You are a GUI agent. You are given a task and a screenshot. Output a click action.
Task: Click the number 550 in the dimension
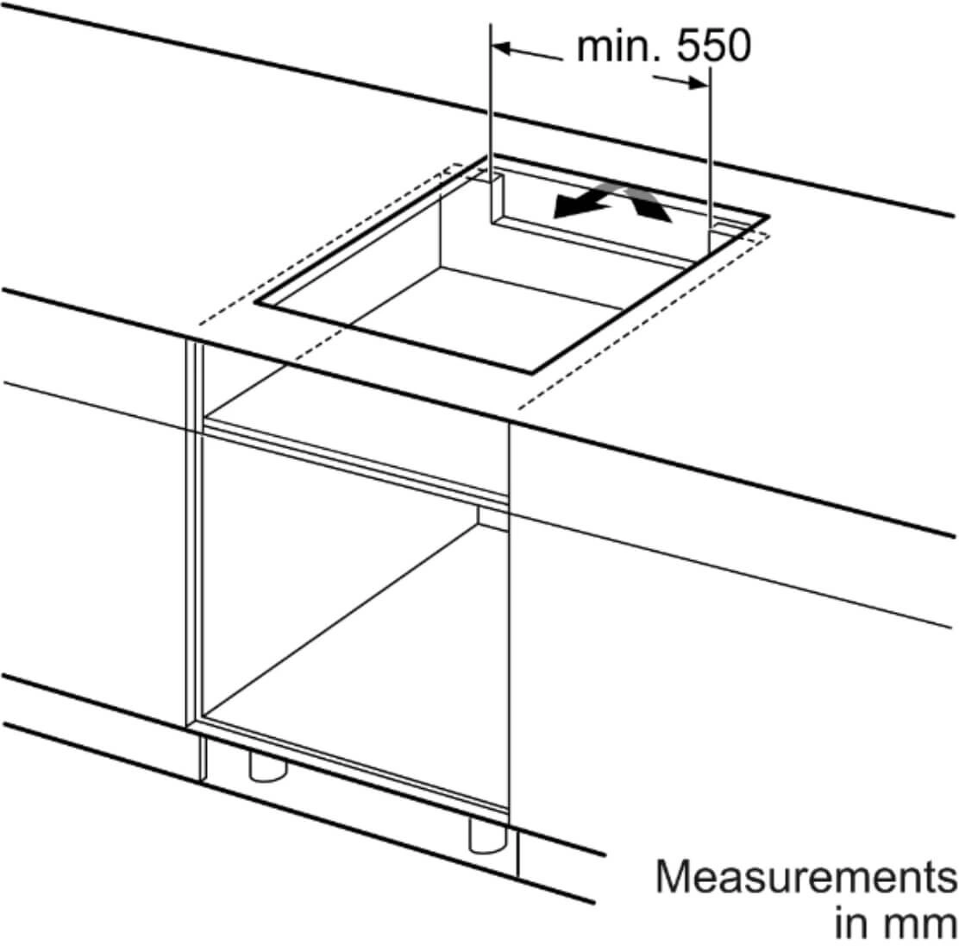click(714, 45)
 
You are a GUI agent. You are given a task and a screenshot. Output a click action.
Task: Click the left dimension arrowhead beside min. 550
click(502, 47)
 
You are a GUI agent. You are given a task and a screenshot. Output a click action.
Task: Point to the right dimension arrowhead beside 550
click(699, 83)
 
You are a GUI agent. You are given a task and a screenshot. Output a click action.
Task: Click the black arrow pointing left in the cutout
click(582, 204)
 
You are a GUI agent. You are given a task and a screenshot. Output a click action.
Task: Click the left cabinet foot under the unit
click(267, 766)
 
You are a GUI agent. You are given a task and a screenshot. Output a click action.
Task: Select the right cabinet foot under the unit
click(487, 835)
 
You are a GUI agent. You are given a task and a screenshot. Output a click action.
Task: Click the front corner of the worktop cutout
click(531, 372)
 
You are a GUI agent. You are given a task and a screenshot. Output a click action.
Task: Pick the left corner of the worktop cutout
click(255, 302)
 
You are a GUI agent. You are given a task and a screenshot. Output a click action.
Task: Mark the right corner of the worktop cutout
click(768, 216)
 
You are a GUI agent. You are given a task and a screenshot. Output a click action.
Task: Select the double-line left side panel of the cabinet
click(194, 533)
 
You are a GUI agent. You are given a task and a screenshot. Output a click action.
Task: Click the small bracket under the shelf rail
click(493, 518)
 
